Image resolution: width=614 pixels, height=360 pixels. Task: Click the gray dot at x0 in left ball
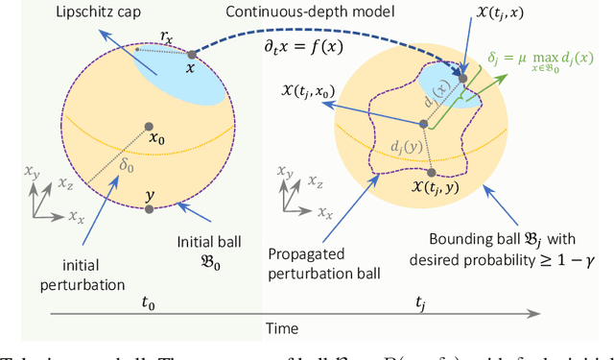[x=148, y=127]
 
